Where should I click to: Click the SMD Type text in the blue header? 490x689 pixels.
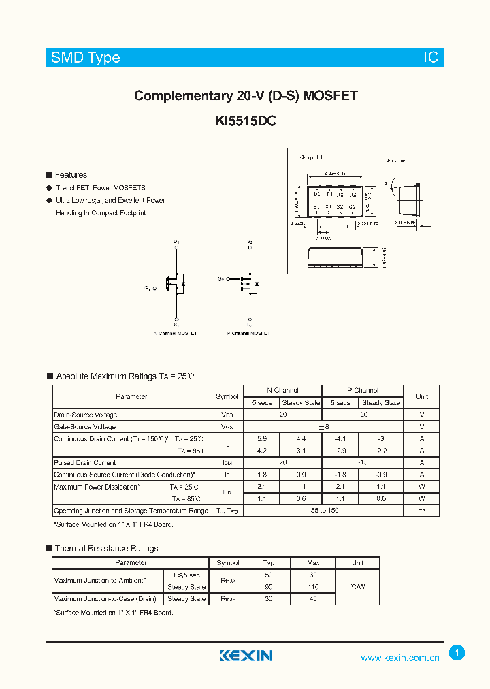pos(85,58)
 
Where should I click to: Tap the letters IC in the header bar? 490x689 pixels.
pos(431,58)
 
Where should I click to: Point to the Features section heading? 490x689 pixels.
pos(71,175)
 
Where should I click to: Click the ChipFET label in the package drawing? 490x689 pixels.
pos(312,157)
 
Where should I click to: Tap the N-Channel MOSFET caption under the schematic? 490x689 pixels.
pos(176,334)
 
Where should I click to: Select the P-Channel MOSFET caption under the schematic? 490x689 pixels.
pos(248,334)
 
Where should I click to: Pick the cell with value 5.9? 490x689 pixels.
pos(262,438)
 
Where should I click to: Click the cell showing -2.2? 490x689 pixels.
pos(380,451)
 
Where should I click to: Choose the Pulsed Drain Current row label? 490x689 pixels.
pos(85,463)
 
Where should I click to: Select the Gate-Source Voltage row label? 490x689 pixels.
pos(85,427)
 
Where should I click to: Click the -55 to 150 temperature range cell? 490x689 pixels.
pos(323,511)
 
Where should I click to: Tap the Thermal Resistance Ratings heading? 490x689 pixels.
pos(106,549)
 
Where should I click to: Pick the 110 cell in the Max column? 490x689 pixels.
pos(313,587)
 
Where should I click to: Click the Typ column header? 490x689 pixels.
pos(268,563)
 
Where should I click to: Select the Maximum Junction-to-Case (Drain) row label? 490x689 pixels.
pos(105,599)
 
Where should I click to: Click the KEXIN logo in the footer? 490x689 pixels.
pos(246,656)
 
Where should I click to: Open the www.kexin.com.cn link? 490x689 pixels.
pos(400,658)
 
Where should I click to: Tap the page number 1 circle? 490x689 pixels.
pos(457,653)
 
